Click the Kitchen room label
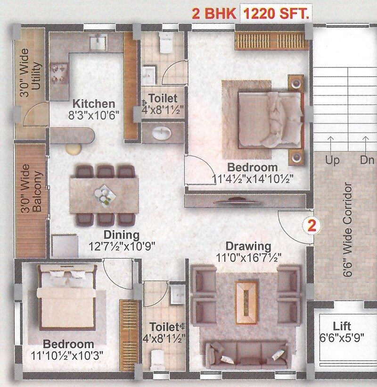point(93,104)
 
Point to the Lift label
point(342,327)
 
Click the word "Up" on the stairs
point(332,160)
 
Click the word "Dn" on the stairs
point(367,160)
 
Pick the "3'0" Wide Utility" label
point(30,73)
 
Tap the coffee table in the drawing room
point(246,297)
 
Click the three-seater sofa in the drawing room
point(246,354)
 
